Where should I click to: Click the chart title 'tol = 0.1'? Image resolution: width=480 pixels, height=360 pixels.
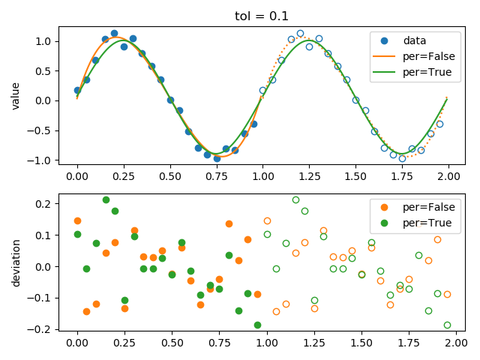coord(261,16)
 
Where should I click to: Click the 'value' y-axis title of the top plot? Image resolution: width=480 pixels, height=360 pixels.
coord(16,96)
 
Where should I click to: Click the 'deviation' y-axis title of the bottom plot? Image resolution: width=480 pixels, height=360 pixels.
coord(16,262)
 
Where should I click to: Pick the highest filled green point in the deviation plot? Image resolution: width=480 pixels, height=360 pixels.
coord(106,199)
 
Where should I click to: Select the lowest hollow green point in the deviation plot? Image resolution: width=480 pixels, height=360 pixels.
coord(447,325)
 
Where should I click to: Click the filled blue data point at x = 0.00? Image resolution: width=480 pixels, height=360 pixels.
coord(77,90)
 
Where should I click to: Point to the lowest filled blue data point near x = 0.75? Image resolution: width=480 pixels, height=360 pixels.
coord(217,158)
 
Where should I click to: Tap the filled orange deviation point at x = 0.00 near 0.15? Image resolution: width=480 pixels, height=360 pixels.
coord(77,220)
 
